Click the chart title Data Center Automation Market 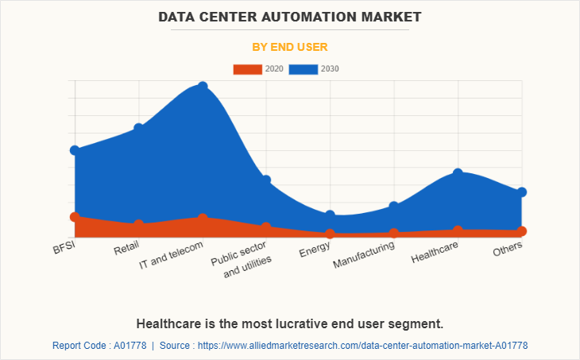coord(290,16)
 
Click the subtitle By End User coord(290,47)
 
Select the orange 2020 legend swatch coord(247,69)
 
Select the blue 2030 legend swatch coord(303,69)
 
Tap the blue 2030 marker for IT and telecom coord(203,86)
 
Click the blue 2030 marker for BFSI coord(75,150)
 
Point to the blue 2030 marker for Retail coord(139,128)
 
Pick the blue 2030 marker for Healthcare coord(458,172)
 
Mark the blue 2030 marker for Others coord(522,192)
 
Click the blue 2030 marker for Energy coord(331,215)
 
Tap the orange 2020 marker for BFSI coord(75,217)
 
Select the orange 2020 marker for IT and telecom coord(203,218)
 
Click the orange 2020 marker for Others coord(522,231)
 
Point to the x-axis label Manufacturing coord(364,255)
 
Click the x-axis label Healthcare coord(435,254)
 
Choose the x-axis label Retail coord(126,249)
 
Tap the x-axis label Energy coord(315,251)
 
